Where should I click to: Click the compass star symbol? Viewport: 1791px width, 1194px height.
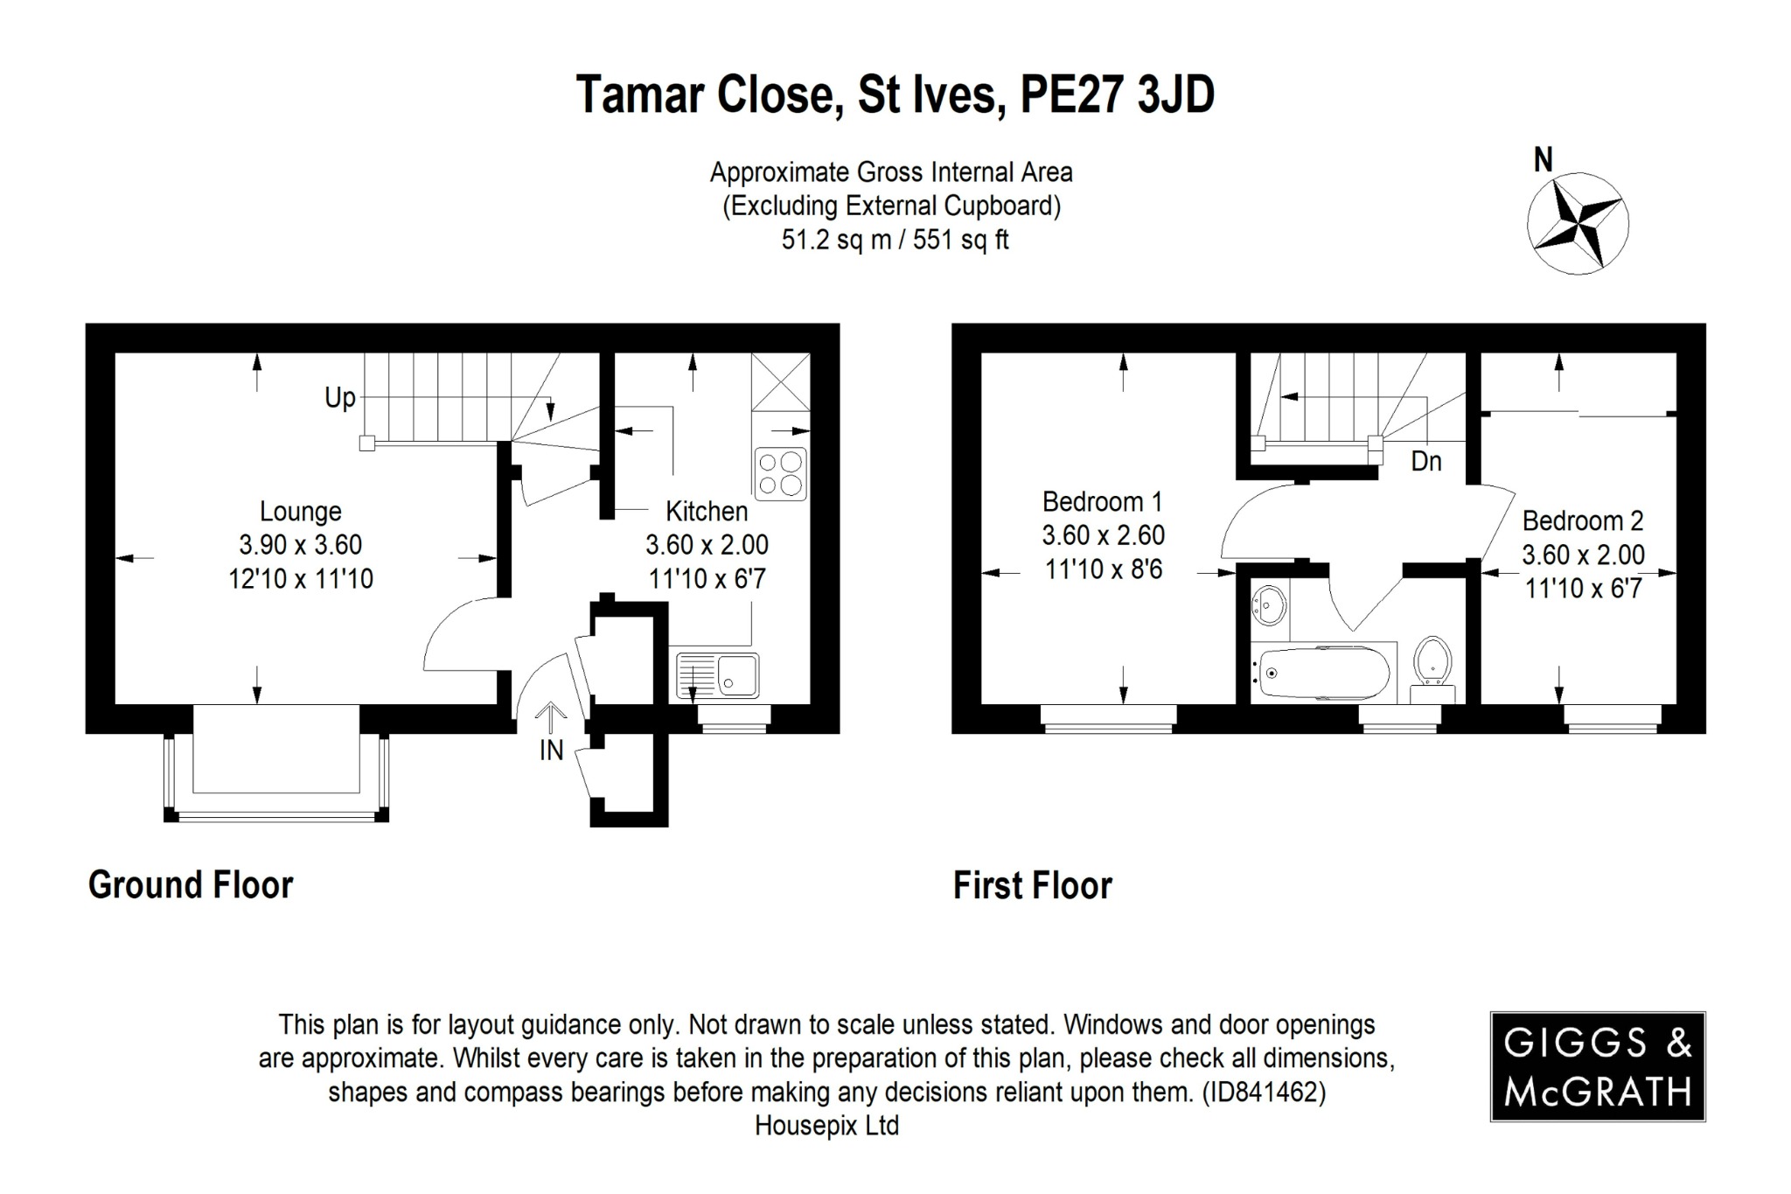(x=1578, y=224)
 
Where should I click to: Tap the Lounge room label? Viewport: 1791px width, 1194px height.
(x=301, y=512)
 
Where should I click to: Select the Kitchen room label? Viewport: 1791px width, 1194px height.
(x=707, y=512)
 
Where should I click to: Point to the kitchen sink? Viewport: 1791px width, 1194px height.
(x=718, y=675)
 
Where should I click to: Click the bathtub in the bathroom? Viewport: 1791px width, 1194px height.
(x=1321, y=674)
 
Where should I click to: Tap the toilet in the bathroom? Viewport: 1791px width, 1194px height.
(x=1432, y=662)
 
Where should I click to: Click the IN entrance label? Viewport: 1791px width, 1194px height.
(x=551, y=751)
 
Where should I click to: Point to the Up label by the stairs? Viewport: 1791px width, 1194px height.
(x=340, y=399)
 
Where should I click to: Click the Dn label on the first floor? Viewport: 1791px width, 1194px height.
(x=1426, y=462)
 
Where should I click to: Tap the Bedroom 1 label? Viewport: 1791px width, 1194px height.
(x=1103, y=502)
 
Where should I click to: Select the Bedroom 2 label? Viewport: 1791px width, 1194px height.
(x=1583, y=521)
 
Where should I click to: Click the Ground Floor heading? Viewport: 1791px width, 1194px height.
(x=191, y=885)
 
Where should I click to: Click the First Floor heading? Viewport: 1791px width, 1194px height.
(x=1032, y=886)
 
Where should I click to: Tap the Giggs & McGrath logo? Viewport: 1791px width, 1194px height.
(x=1598, y=1067)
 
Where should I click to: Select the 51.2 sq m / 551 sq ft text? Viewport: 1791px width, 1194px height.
(x=895, y=240)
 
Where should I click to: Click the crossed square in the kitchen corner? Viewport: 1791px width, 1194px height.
(x=781, y=381)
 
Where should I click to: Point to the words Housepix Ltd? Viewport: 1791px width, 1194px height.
(x=826, y=1126)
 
